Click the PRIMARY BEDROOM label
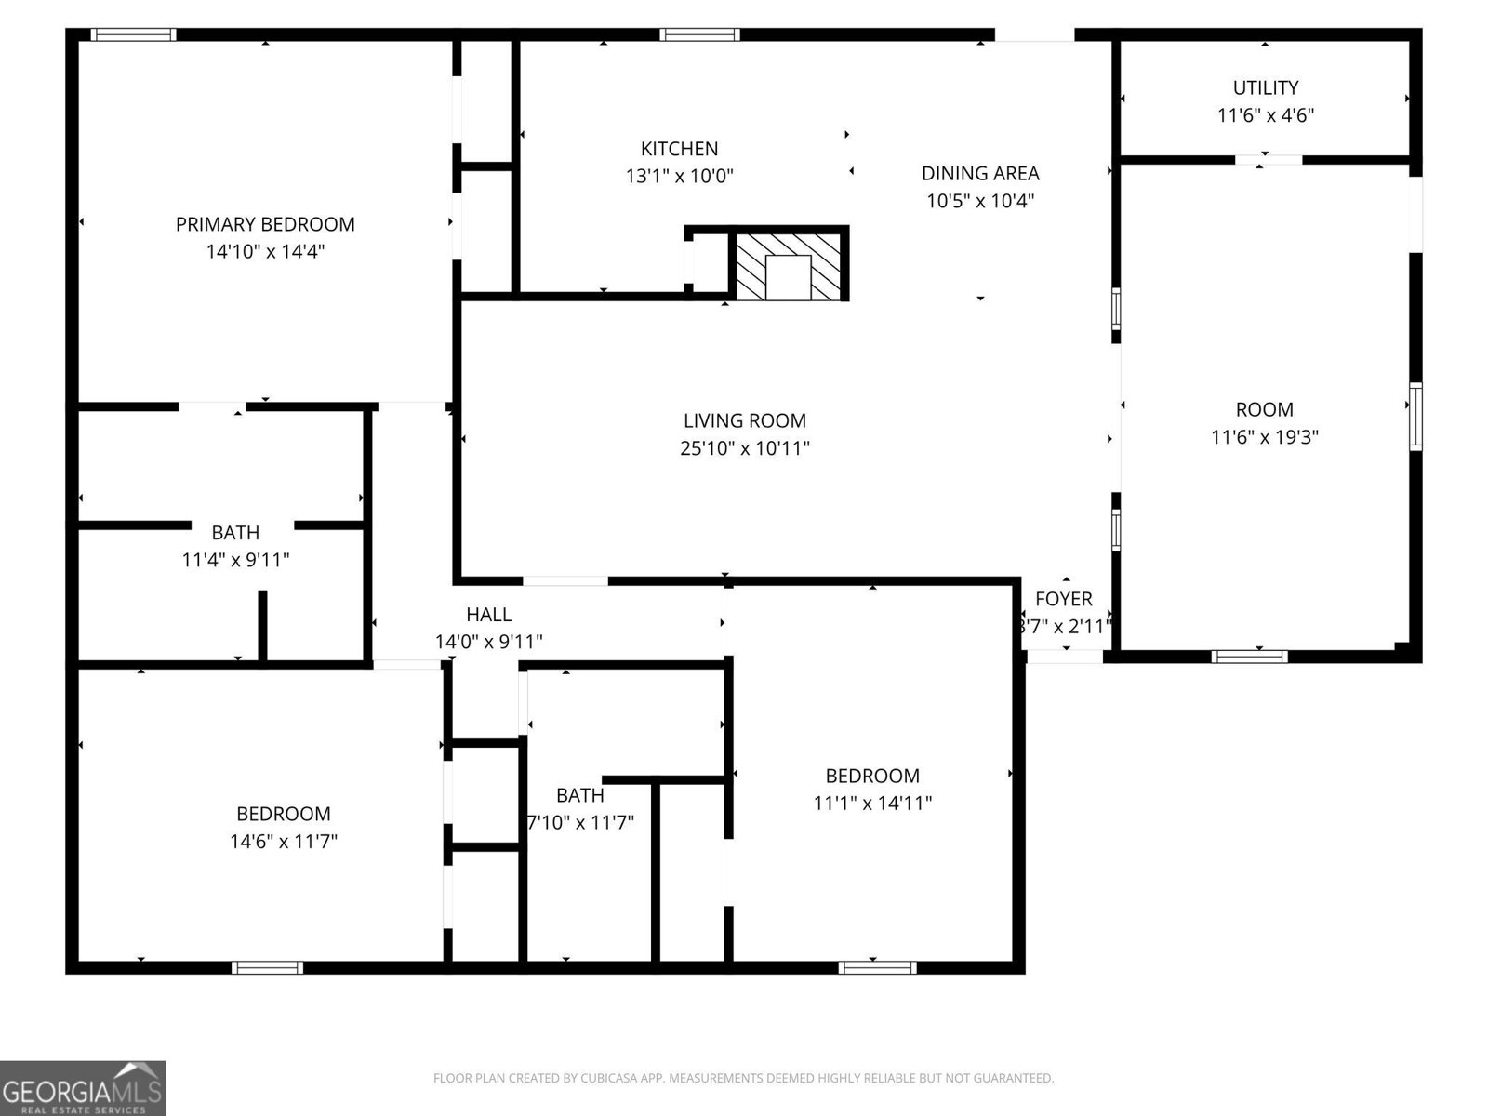coord(265,224)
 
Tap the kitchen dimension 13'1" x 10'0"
coord(679,176)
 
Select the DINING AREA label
coord(980,173)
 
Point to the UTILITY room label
coord(1265,87)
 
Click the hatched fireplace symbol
coord(789,266)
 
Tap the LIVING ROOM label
coord(744,420)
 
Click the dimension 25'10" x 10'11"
coord(744,448)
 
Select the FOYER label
coord(1063,599)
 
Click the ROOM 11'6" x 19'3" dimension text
coord(1264,436)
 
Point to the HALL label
coord(488,615)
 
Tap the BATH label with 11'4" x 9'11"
coord(235,533)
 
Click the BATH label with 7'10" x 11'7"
coord(579,795)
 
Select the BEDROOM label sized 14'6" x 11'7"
coord(283,814)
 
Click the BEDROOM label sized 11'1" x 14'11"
coord(872,776)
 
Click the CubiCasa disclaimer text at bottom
coord(743,1079)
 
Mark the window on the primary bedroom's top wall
coord(133,35)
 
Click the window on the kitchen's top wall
coord(700,35)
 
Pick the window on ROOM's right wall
coord(1415,417)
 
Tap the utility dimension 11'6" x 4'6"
coord(1265,115)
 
